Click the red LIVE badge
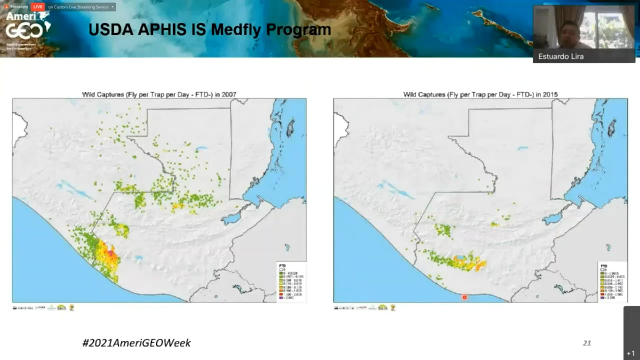(38, 7)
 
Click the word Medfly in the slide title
(236, 30)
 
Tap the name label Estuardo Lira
(561, 57)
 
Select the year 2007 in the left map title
(229, 95)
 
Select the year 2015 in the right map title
(550, 95)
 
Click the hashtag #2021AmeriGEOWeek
(136, 343)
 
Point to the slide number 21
(587, 343)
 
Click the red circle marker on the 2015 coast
(464, 297)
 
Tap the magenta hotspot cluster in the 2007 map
(113, 257)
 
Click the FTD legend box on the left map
(291, 282)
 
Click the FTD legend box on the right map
(612, 282)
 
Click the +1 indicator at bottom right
(631, 353)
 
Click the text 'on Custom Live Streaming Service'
(78, 7)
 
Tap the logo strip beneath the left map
(43, 308)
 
